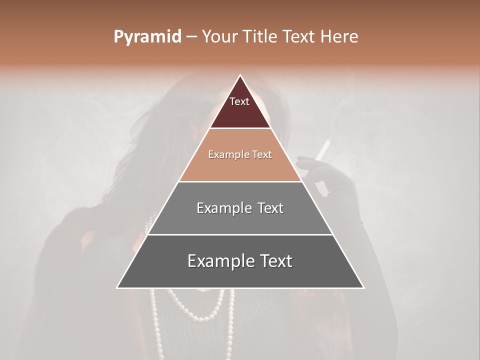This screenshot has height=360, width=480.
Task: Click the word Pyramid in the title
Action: tap(147, 37)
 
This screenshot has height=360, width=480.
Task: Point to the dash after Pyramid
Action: tap(191, 37)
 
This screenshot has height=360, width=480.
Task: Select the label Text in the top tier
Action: tap(239, 101)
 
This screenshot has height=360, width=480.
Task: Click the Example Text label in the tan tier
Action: tap(240, 154)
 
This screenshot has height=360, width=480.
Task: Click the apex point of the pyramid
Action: tap(240, 75)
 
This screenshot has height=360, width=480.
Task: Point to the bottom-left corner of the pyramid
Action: tap(117, 287)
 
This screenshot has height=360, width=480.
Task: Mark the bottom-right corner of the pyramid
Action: tap(363, 287)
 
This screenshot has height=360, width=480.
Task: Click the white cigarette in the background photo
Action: tap(324, 149)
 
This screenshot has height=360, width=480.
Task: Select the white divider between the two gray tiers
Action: tap(240, 234)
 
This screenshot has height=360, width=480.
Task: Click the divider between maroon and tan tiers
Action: tap(240, 128)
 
